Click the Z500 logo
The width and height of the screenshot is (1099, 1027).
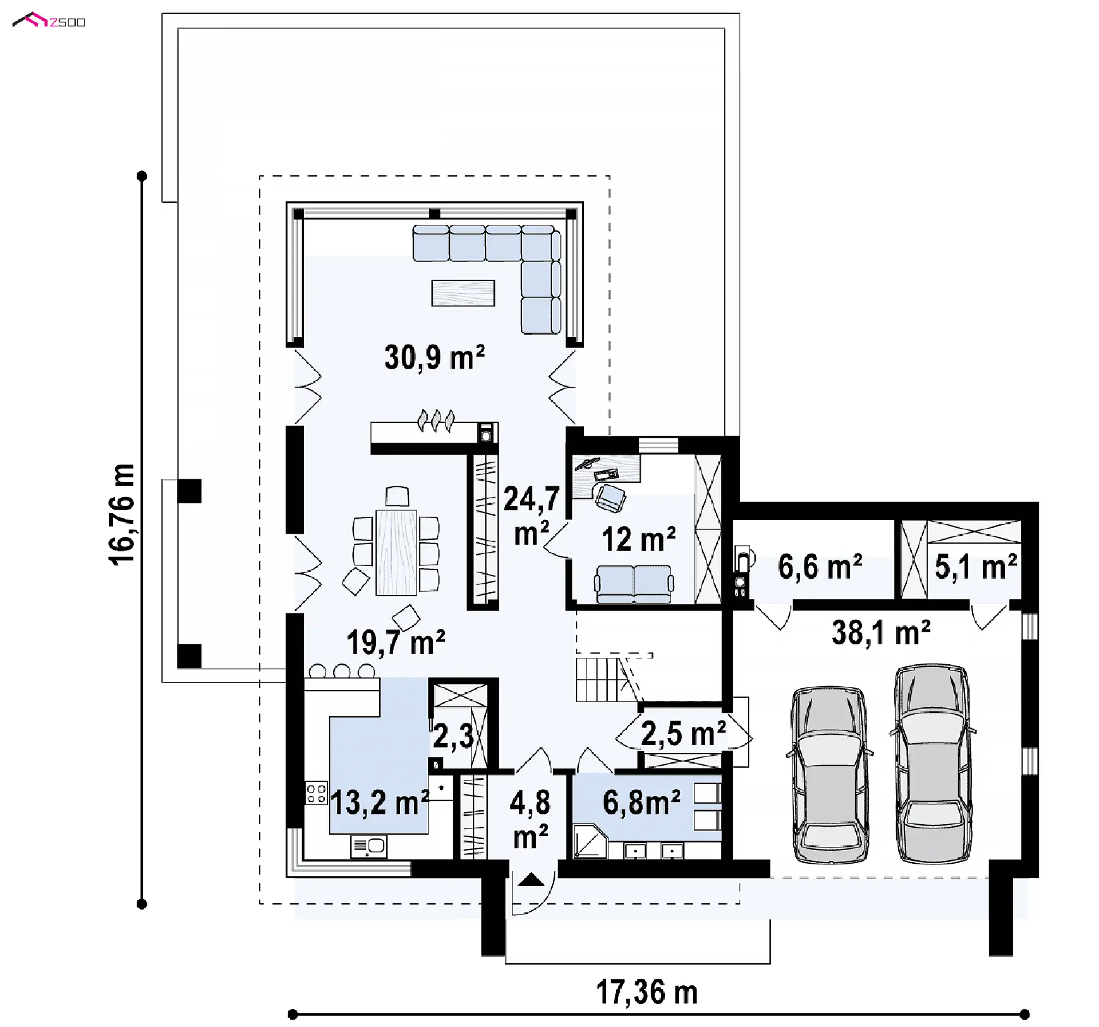[x=49, y=21]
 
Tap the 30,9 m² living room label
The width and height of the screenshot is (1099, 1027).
[x=434, y=357]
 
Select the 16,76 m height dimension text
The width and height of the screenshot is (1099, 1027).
[x=122, y=515]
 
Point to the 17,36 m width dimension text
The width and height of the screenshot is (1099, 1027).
[x=647, y=991]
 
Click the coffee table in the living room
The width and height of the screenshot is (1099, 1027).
[x=463, y=293]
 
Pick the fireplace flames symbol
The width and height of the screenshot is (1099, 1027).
[x=436, y=420]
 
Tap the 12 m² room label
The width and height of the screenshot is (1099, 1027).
[x=638, y=539]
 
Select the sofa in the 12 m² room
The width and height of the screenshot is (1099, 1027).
[x=634, y=584]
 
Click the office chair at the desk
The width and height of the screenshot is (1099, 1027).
[x=611, y=497]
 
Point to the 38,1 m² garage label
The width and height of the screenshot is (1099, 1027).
[x=881, y=633]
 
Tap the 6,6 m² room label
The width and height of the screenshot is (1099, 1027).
[x=820, y=566]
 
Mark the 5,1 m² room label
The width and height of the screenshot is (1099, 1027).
[x=975, y=566]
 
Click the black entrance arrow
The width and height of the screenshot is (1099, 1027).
[x=531, y=880]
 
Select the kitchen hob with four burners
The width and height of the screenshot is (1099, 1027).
[x=315, y=793]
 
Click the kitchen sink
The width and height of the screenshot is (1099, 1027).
[x=369, y=846]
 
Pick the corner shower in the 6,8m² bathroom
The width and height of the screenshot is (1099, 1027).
[x=590, y=840]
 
